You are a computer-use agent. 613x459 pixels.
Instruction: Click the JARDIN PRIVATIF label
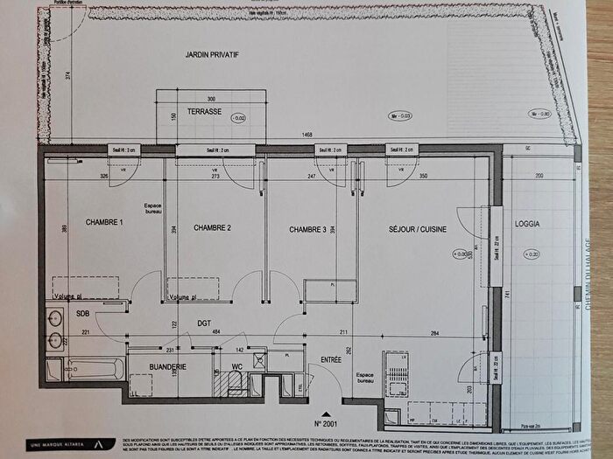pyautogui.click(x=212, y=55)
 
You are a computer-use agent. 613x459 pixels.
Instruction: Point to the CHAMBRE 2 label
pyautogui.click(x=212, y=229)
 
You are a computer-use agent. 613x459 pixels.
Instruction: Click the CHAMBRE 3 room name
pyautogui.click(x=307, y=230)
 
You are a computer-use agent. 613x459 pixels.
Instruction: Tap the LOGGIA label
pyautogui.click(x=527, y=224)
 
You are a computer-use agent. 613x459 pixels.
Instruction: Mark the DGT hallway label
pyautogui.click(x=205, y=322)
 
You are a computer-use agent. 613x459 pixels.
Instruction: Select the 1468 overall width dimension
pyautogui.click(x=306, y=135)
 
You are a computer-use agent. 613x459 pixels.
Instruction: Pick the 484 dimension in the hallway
pyautogui.click(x=215, y=331)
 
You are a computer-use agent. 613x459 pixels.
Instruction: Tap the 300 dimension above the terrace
pyautogui.click(x=209, y=99)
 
